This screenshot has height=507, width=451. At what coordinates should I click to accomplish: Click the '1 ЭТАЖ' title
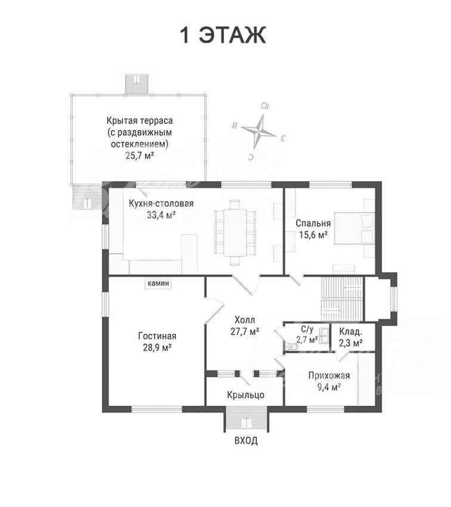click(x=223, y=35)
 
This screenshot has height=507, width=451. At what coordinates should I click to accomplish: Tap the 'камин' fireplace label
click(x=158, y=283)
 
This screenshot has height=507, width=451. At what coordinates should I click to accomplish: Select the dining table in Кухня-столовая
click(x=235, y=233)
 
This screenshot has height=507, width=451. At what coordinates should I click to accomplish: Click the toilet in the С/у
click(x=292, y=347)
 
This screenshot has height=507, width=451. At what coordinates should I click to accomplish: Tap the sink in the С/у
click(x=323, y=336)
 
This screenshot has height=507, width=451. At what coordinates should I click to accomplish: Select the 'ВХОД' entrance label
click(x=246, y=440)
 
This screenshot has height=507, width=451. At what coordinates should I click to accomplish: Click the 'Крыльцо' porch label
click(x=245, y=395)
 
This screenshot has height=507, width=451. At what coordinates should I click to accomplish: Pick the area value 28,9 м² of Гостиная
click(x=157, y=347)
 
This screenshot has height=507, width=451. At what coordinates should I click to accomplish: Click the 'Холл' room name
click(x=245, y=320)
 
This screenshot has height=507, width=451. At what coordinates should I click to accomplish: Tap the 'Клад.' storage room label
click(x=350, y=332)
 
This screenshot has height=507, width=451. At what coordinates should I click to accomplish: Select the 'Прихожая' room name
click(x=329, y=375)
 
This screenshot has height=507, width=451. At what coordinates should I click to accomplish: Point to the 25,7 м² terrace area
click(x=140, y=156)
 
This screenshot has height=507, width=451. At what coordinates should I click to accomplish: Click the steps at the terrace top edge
click(x=137, y=84)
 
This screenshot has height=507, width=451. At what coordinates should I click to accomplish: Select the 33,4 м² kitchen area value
click(x=161, y=215)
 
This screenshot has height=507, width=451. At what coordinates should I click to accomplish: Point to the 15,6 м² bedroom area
click(x=313, y=235)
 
